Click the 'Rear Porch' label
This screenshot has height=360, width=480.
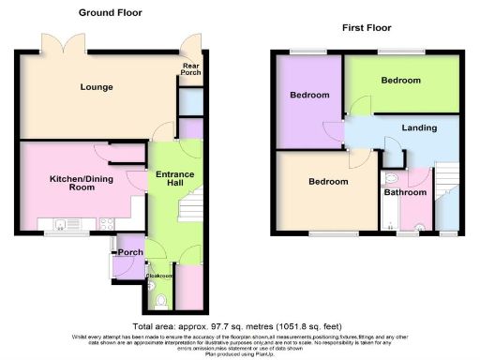[x=190, y=69]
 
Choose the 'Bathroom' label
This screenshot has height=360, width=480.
[x=405, y=192]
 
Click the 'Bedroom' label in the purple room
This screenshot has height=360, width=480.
[x=308, y=96]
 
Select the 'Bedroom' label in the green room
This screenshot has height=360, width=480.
[x=400, y=82]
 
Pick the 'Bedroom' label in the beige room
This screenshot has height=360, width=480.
[x=328, y=182]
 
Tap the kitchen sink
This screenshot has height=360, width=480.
[x=62, y=224]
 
